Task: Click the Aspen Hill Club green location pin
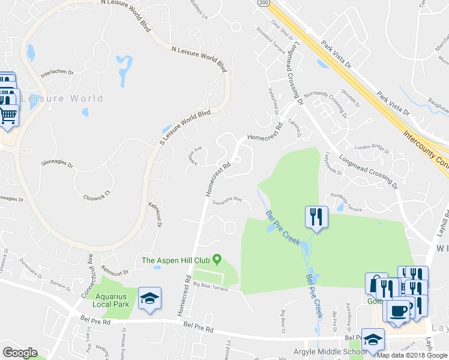coord(217,260)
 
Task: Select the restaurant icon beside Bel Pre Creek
coord(316,217)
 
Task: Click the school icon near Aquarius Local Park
coord(149,298)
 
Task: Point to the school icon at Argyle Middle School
coord(373,339)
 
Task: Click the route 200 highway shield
coord(264,3)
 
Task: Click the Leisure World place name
coord(62,98)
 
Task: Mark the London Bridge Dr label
coord(372,147)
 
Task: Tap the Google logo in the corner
coord(20,353)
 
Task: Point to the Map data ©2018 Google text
coord(412,355)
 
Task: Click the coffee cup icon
coord(398,311)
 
